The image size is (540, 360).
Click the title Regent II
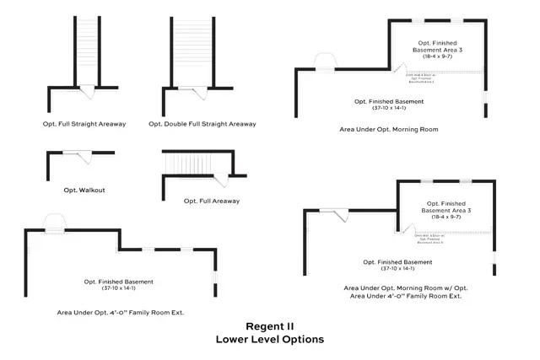tap(270, 326)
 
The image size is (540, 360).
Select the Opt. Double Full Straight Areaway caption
tap(202, 124)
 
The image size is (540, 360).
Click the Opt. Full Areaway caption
tap(212, 201)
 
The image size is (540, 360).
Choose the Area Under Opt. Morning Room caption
tap(389, 130)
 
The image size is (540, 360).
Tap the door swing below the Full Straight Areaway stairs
tap(89, 90)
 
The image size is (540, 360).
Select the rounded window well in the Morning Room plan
tap(325, 61)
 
